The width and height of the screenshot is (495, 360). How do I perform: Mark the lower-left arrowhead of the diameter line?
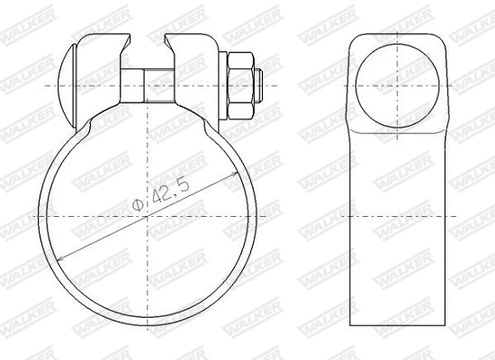click(59, 260)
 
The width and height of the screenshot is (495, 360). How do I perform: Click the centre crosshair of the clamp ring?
click(149, 218)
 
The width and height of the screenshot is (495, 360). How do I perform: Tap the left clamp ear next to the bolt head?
click(101, 72)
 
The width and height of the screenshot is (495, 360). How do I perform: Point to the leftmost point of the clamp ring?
click(39, 218)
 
